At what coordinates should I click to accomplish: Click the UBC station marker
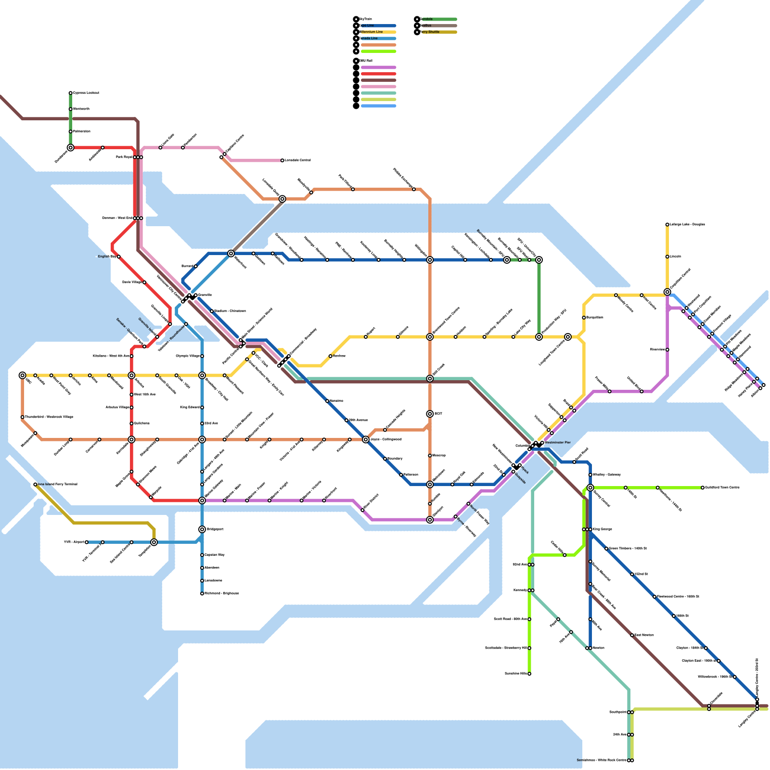pos(23,375)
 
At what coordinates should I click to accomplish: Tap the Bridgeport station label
pos(215,529)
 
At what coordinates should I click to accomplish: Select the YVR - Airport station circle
pos(87,542)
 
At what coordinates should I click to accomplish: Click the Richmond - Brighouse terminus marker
pos(202,594)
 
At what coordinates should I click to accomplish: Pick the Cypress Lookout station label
pos(86,93)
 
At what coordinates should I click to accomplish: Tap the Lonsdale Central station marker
pos(282,160)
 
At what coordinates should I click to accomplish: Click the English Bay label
pos(107,257)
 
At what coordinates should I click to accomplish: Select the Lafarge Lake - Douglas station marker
pos(667,225)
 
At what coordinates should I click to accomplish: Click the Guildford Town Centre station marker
pos(703,488)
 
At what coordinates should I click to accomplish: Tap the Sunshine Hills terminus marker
pos(529,674)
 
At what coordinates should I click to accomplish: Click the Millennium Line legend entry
pos(372,32)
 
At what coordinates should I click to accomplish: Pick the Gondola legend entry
pos(427,19)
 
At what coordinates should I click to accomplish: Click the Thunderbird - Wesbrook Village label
pos(49,417)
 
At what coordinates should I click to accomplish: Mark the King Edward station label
pos(190,408)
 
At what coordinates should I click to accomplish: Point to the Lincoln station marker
pos(667,257)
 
